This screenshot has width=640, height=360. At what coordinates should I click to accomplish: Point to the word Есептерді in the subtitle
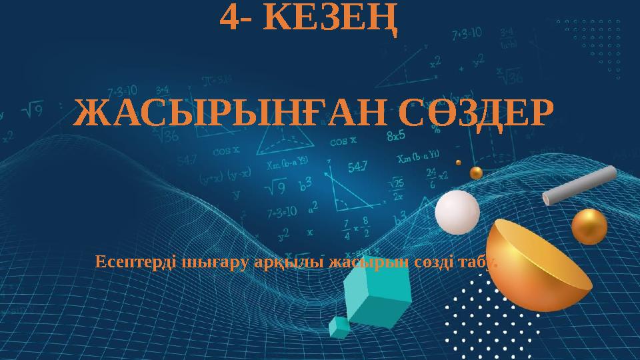click(135, 261)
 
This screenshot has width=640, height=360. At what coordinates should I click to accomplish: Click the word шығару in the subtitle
click(216, 261)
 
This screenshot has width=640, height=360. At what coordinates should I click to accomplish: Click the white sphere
click(457, 213)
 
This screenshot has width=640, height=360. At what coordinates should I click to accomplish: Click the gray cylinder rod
click(578, 186)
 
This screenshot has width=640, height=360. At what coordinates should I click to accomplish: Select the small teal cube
click(339, 326)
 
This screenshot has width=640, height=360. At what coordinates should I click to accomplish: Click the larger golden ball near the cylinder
click(589, 226)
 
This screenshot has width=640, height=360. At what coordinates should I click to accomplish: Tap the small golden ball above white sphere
click(476, 173)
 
